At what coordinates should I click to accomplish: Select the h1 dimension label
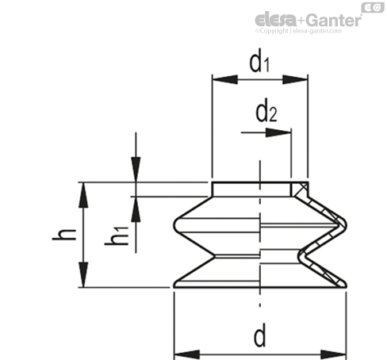tap(117, 236)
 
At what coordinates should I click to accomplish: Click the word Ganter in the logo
tap(335, 20)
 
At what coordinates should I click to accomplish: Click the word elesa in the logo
tap(275, 19)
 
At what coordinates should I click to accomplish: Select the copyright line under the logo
tap(298, 31)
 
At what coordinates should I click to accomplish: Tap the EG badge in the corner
tap(373, 7)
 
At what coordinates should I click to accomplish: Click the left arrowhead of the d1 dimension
tap(224, 79)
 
